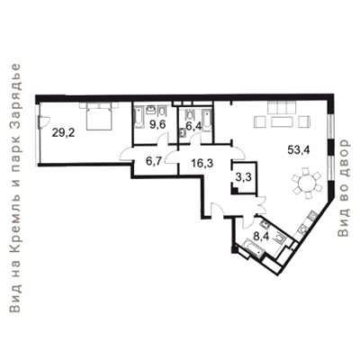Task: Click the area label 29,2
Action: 63,132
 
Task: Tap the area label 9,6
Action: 157,124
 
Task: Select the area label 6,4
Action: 193,126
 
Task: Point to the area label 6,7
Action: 154,161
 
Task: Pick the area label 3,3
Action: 243,177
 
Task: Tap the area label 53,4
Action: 298,149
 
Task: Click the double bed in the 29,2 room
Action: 99,116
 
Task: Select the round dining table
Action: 306,183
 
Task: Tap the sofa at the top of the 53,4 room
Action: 282,107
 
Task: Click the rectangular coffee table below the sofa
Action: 282,122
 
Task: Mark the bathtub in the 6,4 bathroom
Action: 206,121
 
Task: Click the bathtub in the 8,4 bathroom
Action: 255,247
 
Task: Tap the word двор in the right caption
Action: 344,156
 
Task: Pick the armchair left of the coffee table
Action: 260,122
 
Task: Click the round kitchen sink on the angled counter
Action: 303,229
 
